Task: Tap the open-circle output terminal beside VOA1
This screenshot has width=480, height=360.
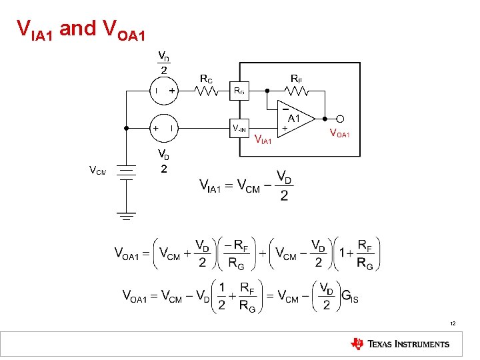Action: pyautogui.click(x=340, y=119)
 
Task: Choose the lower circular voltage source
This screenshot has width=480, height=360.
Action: pyautogui.click(x=163, y=127)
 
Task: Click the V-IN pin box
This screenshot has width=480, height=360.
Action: pyautogui.click(x=239, y=127)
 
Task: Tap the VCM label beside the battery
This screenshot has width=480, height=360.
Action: pyautogui.click(x=97, y=171)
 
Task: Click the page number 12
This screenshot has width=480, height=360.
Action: pyautogui.click(x=453, y=323)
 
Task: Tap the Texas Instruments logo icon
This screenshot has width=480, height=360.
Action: pyautogui.click(x=357, y=343)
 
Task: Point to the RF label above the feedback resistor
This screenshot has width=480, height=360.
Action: pyautogui.click(x=296, y=79)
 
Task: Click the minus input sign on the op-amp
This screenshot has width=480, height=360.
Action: pyautogui.click(x=284, y=107)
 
